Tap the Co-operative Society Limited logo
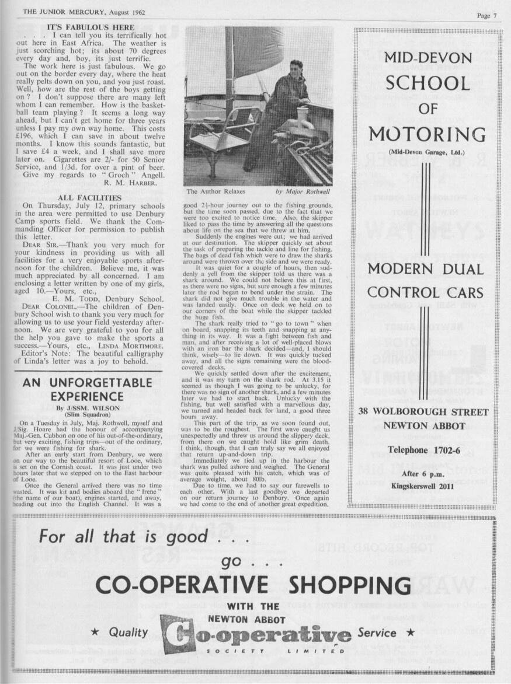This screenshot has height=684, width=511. click(257, 634)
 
